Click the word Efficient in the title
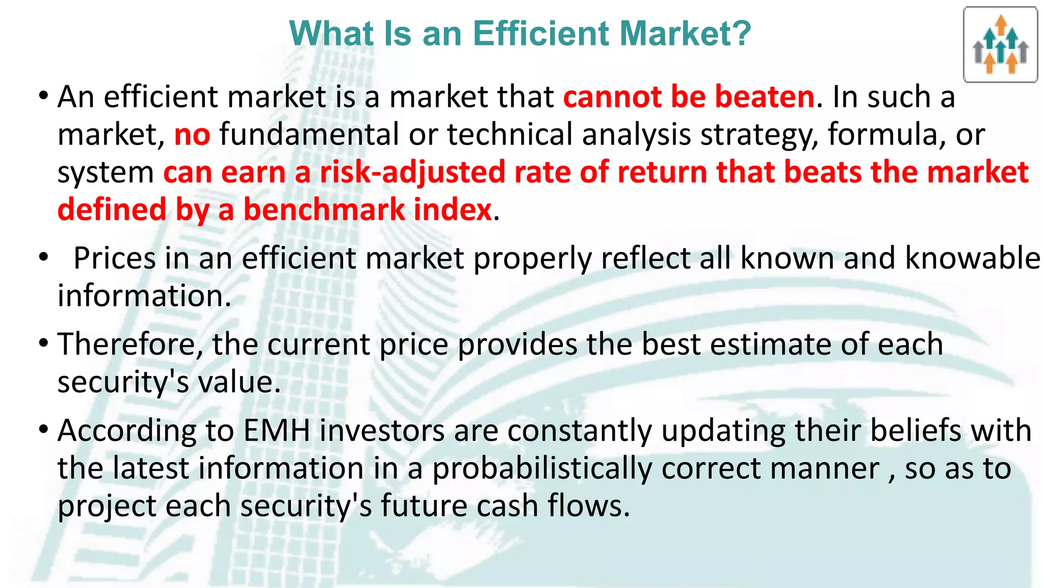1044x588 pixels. coord(541,34)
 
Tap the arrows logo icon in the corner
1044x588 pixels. coord(1000,45)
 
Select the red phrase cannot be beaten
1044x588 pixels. coord(689,96)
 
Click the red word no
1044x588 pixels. coord(192,135)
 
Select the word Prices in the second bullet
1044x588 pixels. coord(114,258)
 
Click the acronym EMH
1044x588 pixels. coord(277,431)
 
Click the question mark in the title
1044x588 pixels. coord(742,34)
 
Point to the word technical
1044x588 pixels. coord(510,135)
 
